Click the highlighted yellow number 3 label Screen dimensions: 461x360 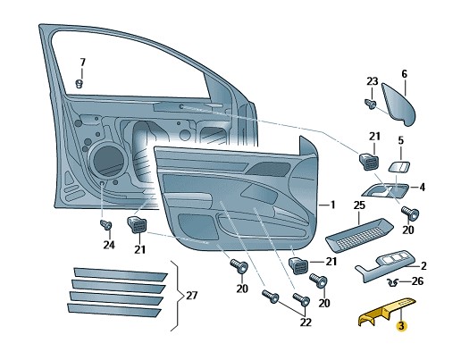click(401, 326)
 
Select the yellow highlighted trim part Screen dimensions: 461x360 click(387, 312)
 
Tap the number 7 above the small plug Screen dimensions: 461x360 click(83, 63)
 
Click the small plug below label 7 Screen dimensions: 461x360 click(79, 84)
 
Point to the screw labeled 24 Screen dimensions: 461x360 click(105, 224)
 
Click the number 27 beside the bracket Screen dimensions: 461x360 click(192, 296)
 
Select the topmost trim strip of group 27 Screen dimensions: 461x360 click(121, 274)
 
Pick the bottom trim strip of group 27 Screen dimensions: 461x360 click(114, 310)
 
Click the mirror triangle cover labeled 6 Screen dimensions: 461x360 click(398, 105)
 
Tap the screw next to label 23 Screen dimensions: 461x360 click(371, 104)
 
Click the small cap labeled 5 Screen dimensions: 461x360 click(399, 166)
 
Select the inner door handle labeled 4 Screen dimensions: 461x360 click(385, 190)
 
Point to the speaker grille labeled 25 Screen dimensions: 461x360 click(359, 235)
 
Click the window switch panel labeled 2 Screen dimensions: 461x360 click(384, 265)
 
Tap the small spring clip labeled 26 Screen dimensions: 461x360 click(393, 282)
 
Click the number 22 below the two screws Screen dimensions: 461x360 click(306, 322)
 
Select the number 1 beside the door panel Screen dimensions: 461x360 click(332, 205)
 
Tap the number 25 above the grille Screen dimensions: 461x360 click(359, 205)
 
